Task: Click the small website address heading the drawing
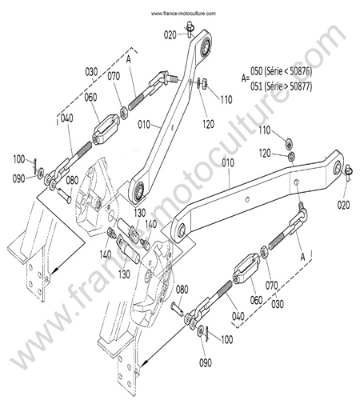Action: (183, 14)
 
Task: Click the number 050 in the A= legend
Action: (256, 71)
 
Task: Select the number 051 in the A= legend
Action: (256, 86)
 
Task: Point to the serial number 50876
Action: (299, 71)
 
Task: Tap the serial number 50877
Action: (299, 86)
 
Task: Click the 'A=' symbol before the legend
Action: (246, 78)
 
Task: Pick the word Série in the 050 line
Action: (274, 71)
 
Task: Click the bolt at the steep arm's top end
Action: (190, 29)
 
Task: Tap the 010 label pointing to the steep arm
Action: (144, 125)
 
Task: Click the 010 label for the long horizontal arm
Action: (228, 163)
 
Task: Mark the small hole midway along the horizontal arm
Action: (248, 199)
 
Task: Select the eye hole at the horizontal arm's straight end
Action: (182, 230)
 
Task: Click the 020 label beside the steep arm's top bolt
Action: (170, 35)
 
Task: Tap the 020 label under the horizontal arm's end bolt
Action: (343, 205)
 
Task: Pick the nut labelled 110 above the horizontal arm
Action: (289, 143)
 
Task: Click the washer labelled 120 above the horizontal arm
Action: (291, 155)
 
